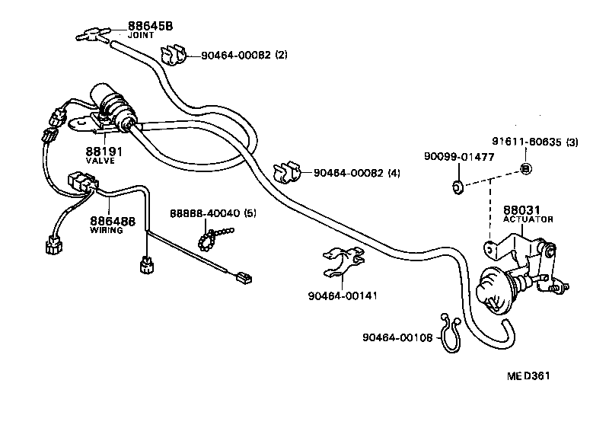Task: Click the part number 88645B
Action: click(150, 26)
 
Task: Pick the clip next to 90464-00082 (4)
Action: click(290, 173)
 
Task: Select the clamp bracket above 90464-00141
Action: click(340, 262)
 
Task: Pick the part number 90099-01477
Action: click(460, 158)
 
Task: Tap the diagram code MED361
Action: click(531, 376)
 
